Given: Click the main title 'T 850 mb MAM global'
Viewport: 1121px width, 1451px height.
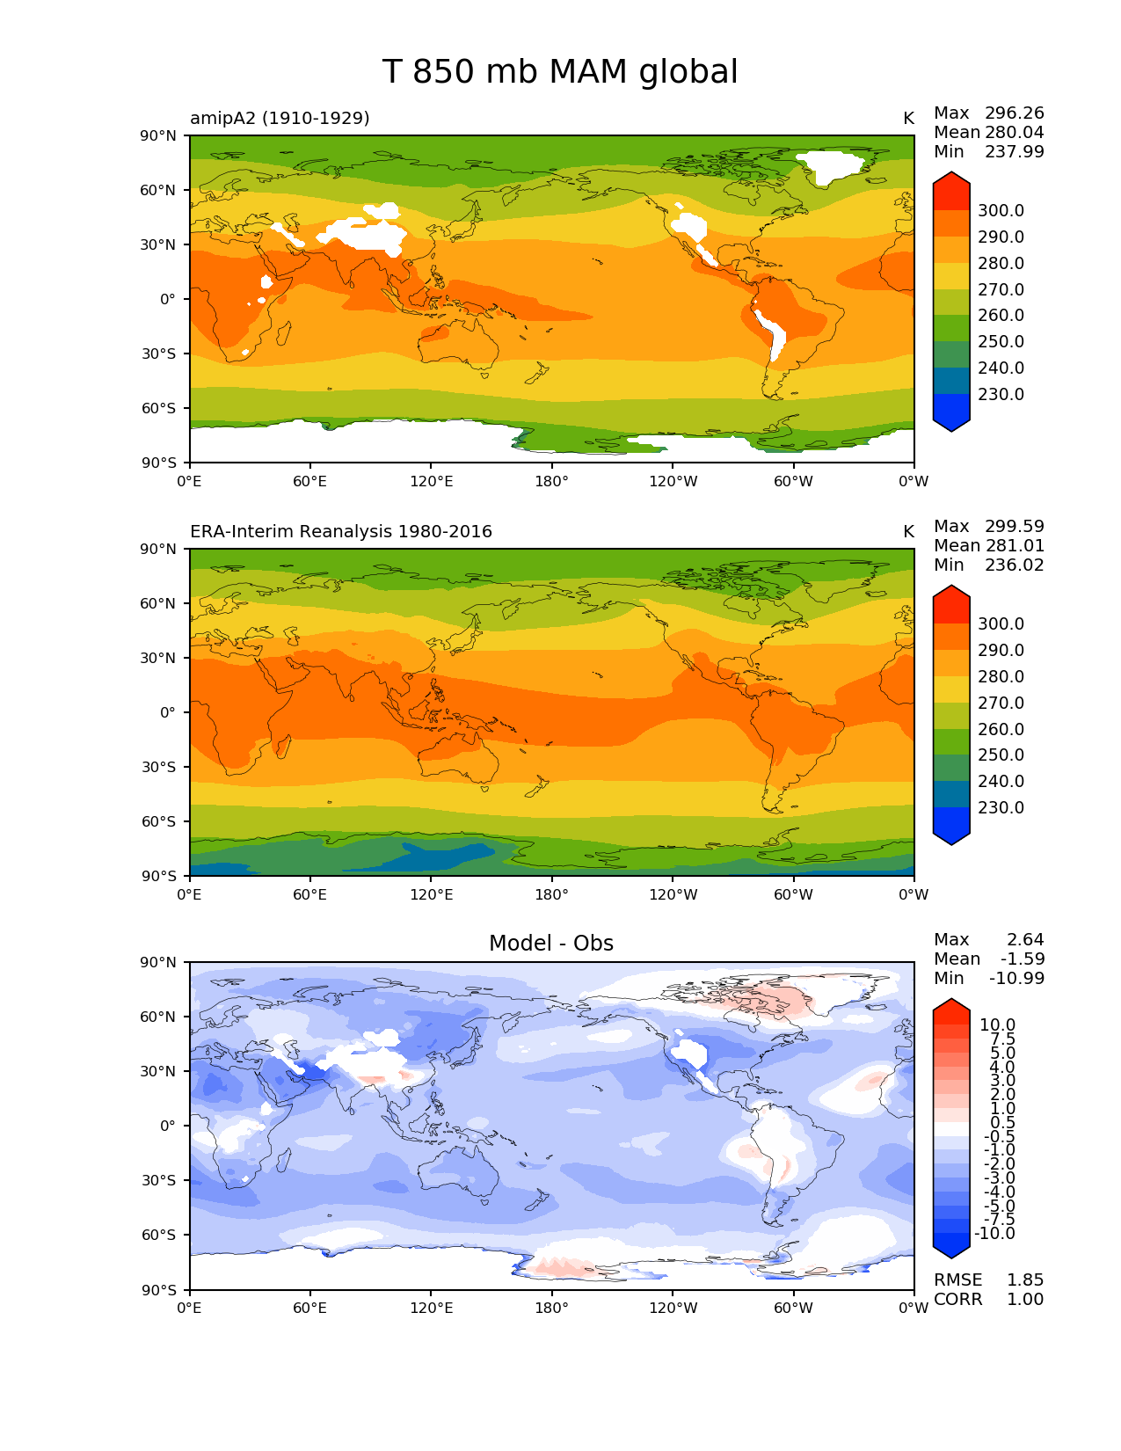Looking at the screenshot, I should [560, 72].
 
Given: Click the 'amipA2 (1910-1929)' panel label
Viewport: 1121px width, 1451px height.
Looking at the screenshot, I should [280, 118].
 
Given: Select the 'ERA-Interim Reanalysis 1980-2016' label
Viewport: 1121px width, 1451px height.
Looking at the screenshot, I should [341, 531].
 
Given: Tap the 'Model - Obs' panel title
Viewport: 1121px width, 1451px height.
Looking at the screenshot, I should [551, 944].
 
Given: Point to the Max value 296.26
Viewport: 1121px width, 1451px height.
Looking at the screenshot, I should [1015, 113].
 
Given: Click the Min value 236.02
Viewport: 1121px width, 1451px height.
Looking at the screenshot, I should [1015, 565].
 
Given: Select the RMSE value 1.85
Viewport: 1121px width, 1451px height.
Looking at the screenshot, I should [1025, 1280].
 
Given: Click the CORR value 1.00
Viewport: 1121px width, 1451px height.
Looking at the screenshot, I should [1025, 1299].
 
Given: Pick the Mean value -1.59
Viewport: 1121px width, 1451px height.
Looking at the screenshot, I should [1023, 959].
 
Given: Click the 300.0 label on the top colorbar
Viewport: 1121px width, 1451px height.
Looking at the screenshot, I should [1001, 210].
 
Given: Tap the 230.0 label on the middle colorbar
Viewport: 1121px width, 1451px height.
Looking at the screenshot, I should [1001, 807].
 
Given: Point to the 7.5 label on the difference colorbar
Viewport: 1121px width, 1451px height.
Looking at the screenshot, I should [1003, 1039].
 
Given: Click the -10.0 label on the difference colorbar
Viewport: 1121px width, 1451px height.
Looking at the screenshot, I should [994, 1233].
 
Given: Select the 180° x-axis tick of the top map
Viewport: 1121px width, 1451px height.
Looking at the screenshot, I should [552, 481].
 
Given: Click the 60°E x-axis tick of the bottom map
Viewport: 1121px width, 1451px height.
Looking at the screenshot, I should [310, 1308].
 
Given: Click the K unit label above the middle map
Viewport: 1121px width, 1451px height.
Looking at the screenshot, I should [908, 531].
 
